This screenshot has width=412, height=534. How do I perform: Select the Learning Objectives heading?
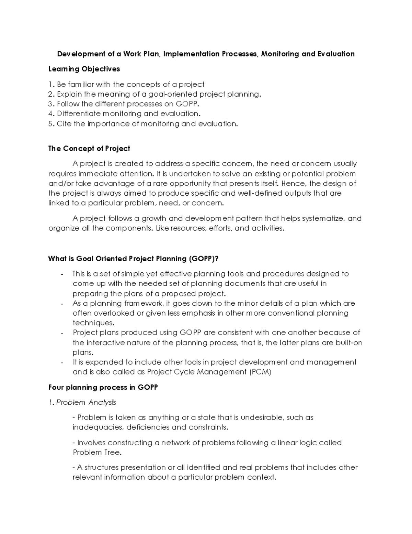[x=84, y=69]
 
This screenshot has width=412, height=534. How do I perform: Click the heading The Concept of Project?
[x=89, y=149]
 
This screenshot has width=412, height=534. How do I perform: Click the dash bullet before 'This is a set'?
[x=62, y=274]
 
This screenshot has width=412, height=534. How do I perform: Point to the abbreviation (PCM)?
[x=260, y=372]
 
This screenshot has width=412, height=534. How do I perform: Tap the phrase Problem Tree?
[x=97, y=453]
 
